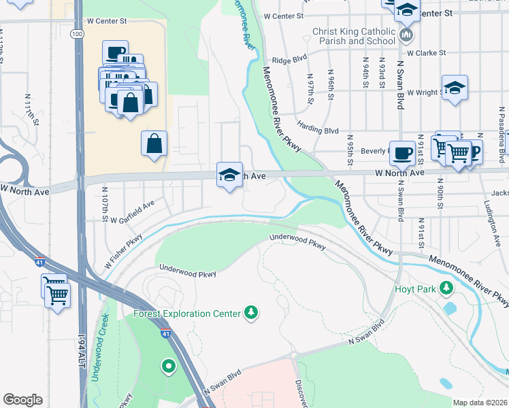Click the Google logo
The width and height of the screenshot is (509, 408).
(x=23, y=400)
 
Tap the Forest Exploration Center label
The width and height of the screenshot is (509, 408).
(x=187, y=313)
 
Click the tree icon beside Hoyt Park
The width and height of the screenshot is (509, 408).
(x=446, y=288)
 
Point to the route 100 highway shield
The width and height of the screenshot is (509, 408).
(x=77, y=33)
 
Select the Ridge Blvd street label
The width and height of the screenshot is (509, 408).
(x=289, y=60)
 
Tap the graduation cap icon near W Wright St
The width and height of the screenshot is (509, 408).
(x=455, y=88)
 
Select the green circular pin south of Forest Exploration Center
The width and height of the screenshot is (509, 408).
(x=168, y=367)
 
